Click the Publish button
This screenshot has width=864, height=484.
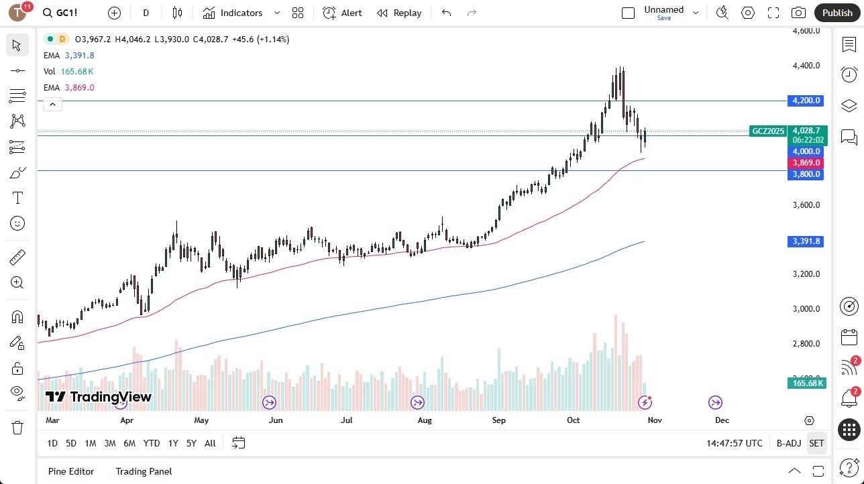[x=836, y=13]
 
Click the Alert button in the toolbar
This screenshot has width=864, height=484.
[x=342, y=13]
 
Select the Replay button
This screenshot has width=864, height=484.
[x=399, y=13]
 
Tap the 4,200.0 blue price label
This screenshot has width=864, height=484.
[x=806, y=101]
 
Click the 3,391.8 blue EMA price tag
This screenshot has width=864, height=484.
[x=806, y=241]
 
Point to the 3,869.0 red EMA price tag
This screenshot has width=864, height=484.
[x=806, y=163]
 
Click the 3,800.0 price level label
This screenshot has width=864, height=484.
[x=806, y=174]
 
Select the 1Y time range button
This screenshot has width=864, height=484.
[x=173, y=443]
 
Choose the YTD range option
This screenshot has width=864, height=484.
[x=152, y=443]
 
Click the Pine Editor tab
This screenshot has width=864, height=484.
[x=71, y=471]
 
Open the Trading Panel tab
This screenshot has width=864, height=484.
[x=144, y=471]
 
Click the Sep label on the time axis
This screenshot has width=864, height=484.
[x=498, y=420]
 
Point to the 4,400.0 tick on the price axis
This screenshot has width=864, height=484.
[x=806, y=66]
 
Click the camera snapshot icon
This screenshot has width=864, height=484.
[x=798, y=13]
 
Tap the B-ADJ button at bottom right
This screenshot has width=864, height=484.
[x=788, y=443]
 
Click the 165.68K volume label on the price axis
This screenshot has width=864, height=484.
[x=807, y=383]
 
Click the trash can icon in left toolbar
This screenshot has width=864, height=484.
[x=17, y=428]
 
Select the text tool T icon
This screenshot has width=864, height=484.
[x=17, y=198]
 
